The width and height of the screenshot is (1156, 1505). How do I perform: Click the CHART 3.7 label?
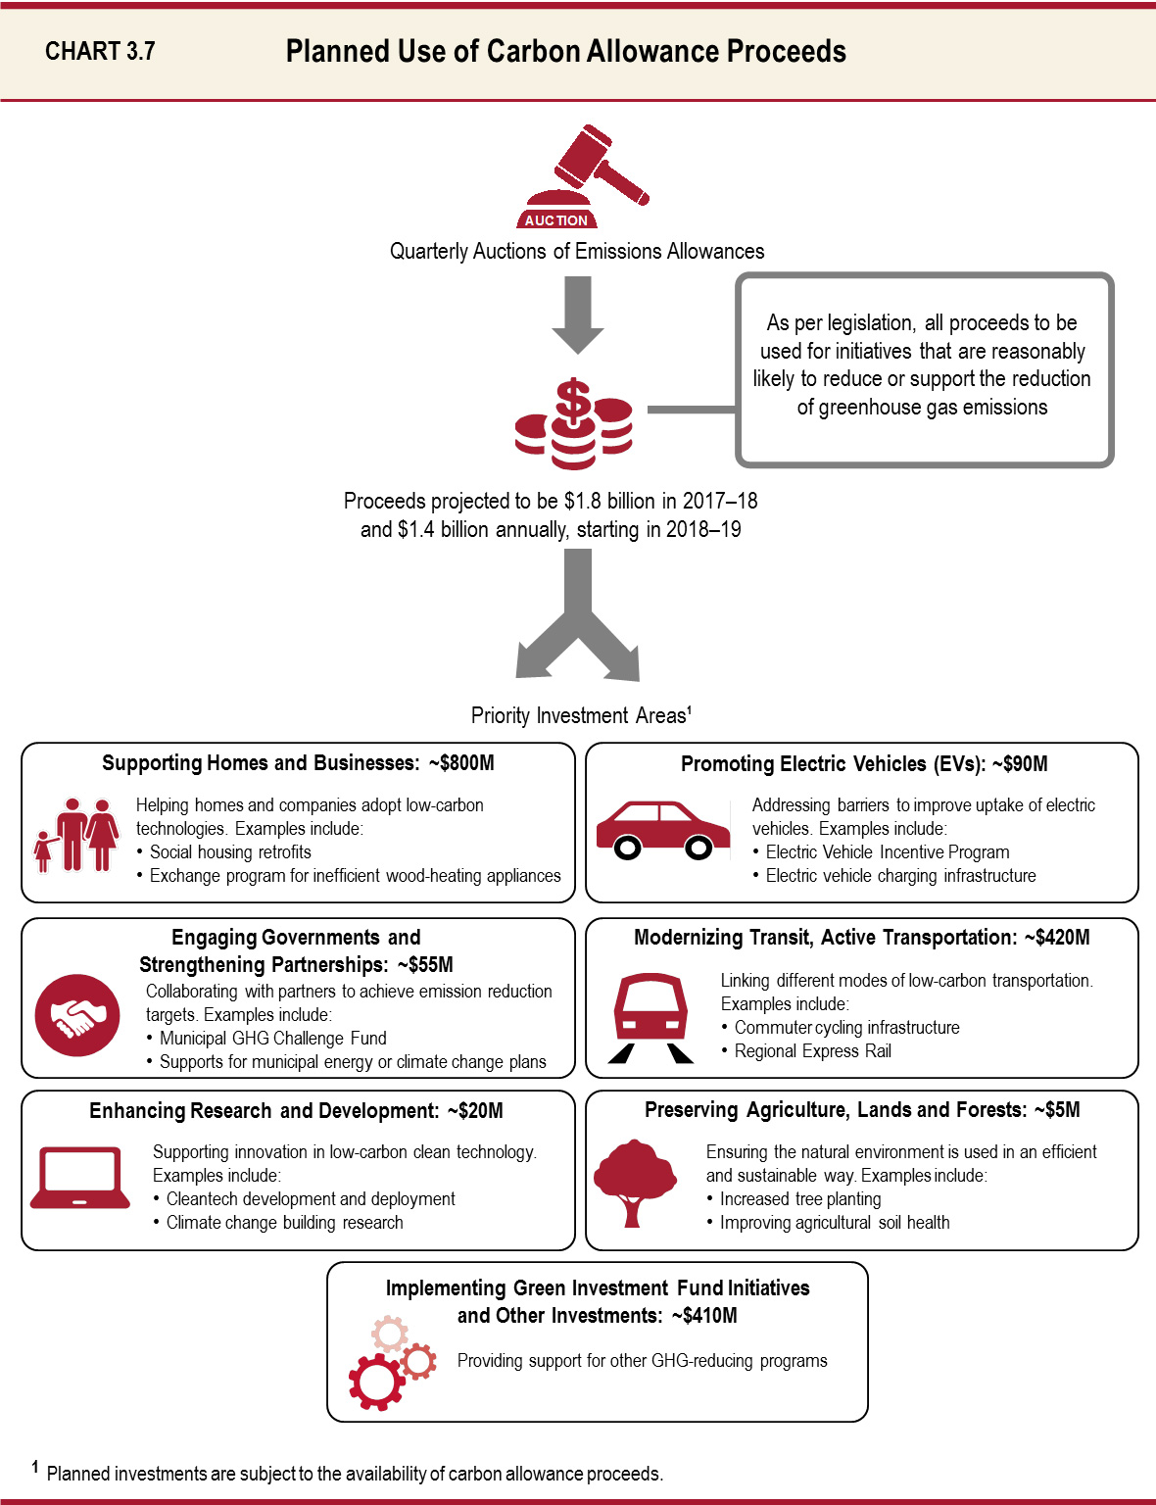tap(100, 51)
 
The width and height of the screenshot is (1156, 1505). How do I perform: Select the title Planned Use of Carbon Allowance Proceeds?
tap(565, 51)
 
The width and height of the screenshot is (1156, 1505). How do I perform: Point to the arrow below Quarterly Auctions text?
tap(578, 314)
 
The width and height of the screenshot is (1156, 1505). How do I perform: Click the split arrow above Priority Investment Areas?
tap(578, 617)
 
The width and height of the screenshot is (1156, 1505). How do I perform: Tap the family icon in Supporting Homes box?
tap(76, 835)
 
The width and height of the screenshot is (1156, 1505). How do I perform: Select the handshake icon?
tap(77, 1015)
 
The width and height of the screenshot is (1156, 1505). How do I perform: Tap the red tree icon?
tap(635, 1182)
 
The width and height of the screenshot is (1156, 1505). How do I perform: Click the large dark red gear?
tap(375, 1382)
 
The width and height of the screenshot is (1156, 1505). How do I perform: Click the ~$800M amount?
tap(461, 763)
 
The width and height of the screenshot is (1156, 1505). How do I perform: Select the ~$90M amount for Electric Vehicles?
tap(1020, 764)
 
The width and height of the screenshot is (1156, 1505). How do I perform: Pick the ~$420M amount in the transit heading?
tap(1057, 938)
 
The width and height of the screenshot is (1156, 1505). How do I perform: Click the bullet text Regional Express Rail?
tap(812, 1051)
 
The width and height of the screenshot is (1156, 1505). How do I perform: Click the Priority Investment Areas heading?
tap(580, 716)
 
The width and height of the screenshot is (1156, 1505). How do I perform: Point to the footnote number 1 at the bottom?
tap(35, 1467)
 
